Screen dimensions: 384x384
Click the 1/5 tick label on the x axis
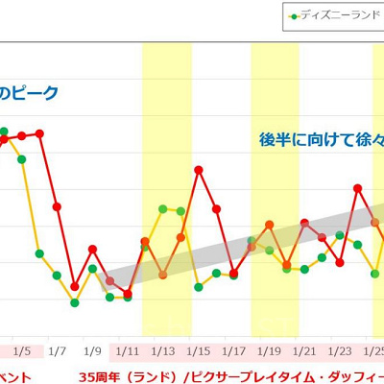(22, 351)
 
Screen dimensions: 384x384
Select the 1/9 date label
(92, 351)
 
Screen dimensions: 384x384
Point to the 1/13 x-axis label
(163, 351)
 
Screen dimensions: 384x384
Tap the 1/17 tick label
(235, 351)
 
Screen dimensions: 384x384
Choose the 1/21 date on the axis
(306, 351)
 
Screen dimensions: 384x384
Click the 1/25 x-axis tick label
(374, 351)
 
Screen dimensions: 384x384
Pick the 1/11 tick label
(128, 351)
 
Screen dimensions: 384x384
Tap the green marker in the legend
(292, 15)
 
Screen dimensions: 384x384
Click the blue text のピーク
(29, 93)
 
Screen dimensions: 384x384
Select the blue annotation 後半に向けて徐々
(322, 138)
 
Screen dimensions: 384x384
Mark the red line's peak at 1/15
(199, 170)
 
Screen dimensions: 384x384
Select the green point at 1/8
(75, 302)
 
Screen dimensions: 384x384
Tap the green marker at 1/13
(163, 208)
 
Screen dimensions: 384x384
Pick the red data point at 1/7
(57, 206)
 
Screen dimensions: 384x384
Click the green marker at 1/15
(199, 286)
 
